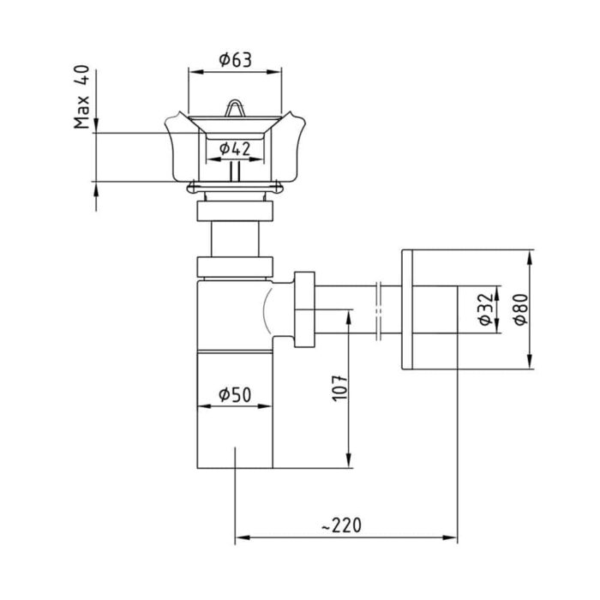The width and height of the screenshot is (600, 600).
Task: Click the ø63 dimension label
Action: (x=236, y=60)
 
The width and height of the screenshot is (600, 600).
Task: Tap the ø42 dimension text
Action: (x=235, y=148)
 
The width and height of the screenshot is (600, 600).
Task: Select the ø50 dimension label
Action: (x=235, y=394)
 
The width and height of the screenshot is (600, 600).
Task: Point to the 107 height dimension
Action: (x=339, y=388)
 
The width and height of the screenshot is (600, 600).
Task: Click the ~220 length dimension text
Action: (x=342, y=525)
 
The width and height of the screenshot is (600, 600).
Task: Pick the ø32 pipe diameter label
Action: (x=486, y=309)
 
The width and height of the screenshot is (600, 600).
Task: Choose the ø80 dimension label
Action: (x=521, y=309)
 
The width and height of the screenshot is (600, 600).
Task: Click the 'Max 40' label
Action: (x=81, y=97)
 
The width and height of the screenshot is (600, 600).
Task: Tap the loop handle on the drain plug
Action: (x=235, y=108)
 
